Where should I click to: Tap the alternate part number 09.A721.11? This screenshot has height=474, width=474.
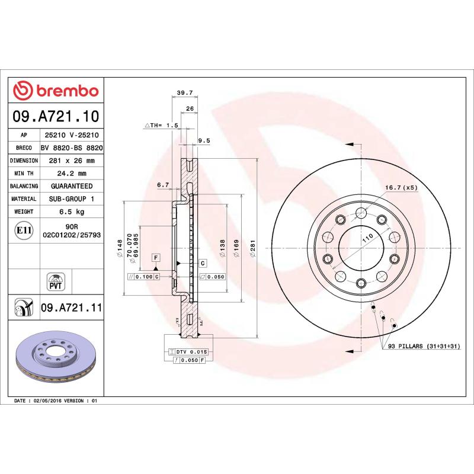pos(71,308)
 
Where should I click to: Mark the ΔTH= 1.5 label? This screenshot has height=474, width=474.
pos(161,126)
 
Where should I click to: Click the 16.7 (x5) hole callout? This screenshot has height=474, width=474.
pos(401,187)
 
